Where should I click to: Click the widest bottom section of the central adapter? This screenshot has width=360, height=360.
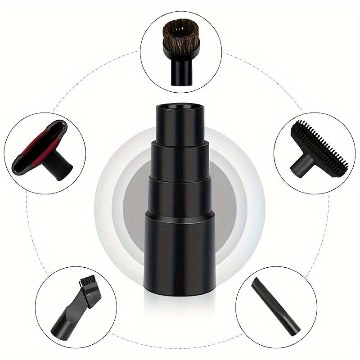click(x=180, y=252)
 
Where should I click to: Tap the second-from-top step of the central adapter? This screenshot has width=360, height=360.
click(x=180, y=160)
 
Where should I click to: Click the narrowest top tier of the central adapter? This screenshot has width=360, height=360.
click(x=180, y=126)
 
